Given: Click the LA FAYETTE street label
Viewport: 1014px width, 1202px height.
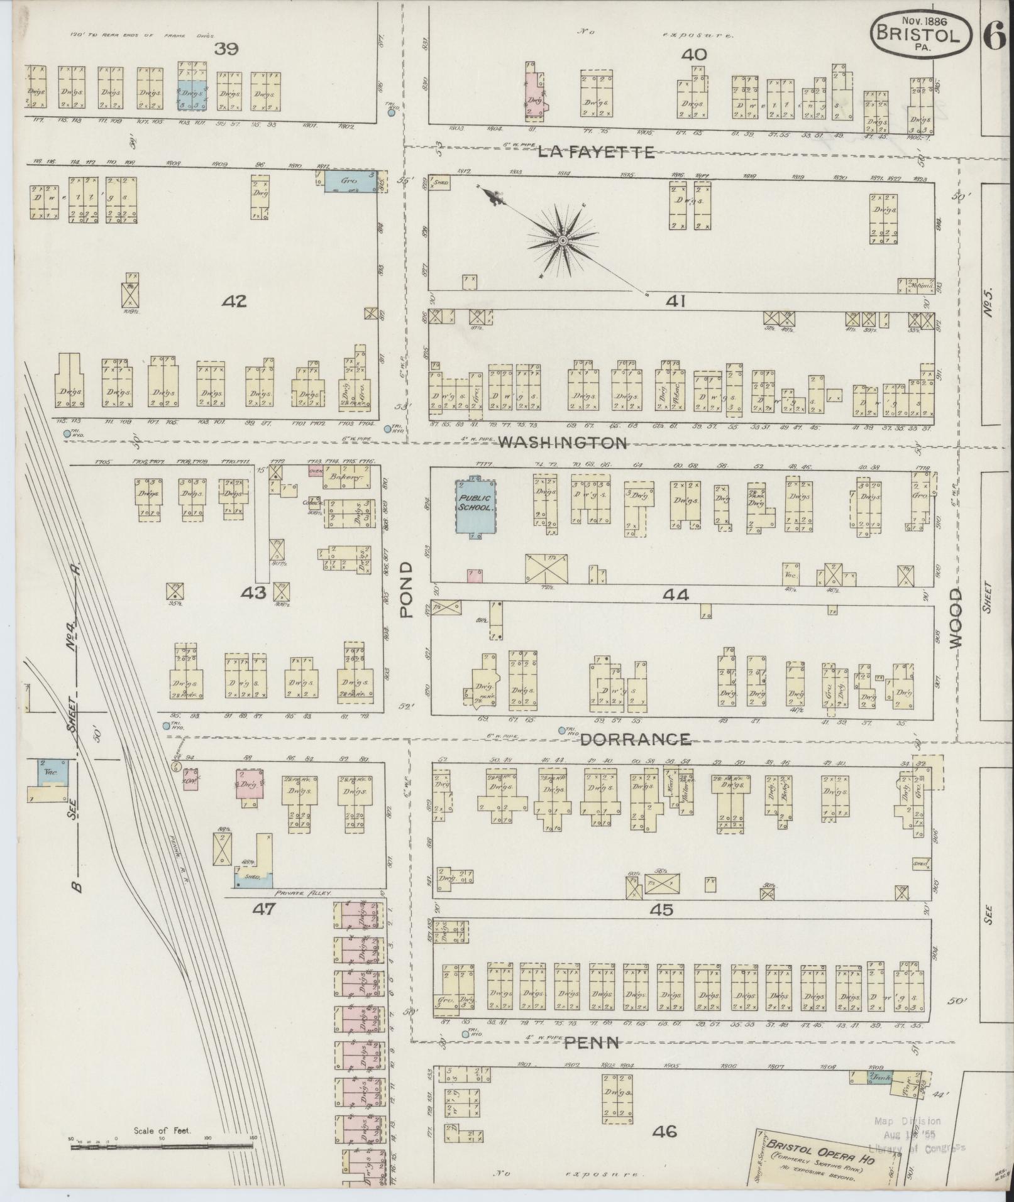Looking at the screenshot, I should (597, 151).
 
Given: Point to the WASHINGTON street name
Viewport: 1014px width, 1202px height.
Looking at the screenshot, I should (563, 443).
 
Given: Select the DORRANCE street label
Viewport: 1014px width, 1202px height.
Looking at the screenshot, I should (635, 740).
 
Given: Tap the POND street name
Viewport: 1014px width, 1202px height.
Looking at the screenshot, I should (405, 589).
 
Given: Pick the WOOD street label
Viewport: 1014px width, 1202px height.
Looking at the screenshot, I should (955, 618).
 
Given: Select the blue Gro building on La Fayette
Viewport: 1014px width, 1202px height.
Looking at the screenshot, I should (350, 180).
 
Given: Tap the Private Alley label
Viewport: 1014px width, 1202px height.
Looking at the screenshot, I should (303, 892).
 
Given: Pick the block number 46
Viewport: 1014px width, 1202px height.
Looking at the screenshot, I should (664, 1132).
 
